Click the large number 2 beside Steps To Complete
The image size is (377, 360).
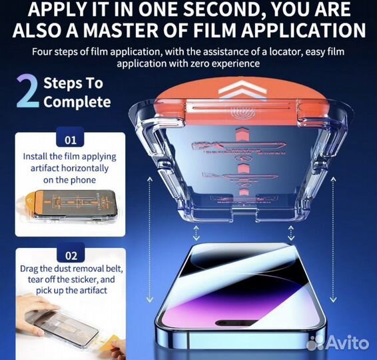tap(27, 92)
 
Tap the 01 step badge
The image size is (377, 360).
tap(71, 141)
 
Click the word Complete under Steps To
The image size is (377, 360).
tap(77, 102)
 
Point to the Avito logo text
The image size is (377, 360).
tap(348, 342)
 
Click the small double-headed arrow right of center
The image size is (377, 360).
tap(291, 233)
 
